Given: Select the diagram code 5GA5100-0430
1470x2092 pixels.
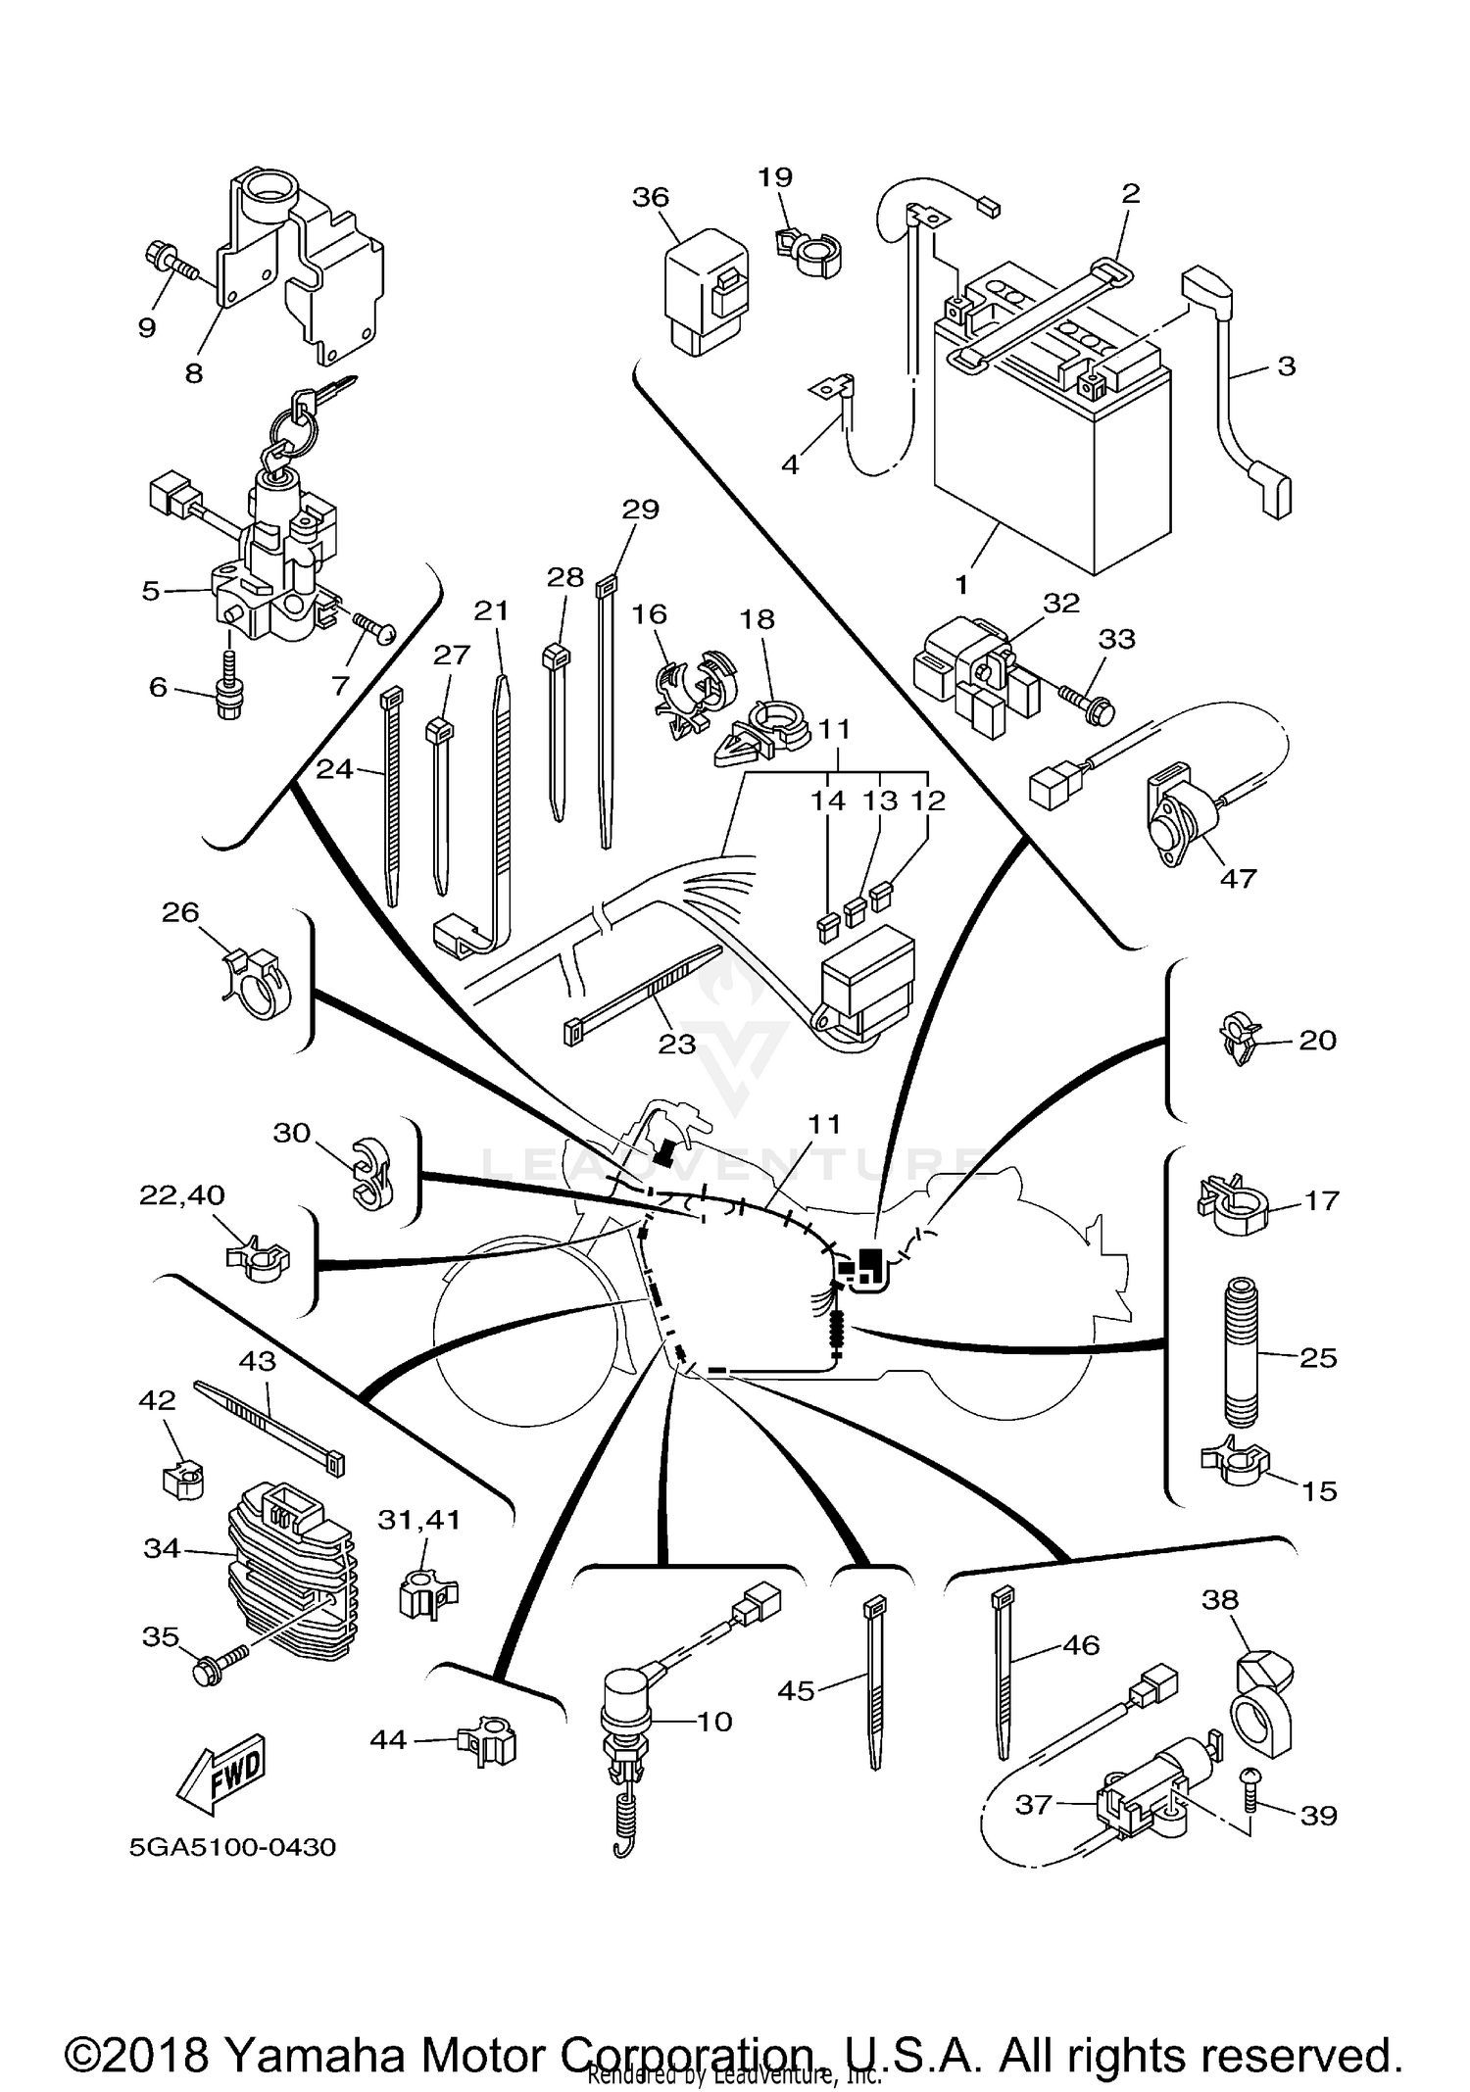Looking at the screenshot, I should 232,1847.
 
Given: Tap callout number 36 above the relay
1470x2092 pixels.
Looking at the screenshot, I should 650,197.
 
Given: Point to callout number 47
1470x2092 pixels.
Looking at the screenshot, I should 1237,878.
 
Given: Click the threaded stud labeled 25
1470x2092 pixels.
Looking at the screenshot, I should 1241,1353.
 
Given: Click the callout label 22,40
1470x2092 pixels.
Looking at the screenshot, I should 182,1194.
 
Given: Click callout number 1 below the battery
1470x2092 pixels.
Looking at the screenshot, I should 961,585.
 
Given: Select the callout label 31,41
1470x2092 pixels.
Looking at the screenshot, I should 418,1520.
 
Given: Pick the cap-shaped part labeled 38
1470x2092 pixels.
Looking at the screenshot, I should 1262,1705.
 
